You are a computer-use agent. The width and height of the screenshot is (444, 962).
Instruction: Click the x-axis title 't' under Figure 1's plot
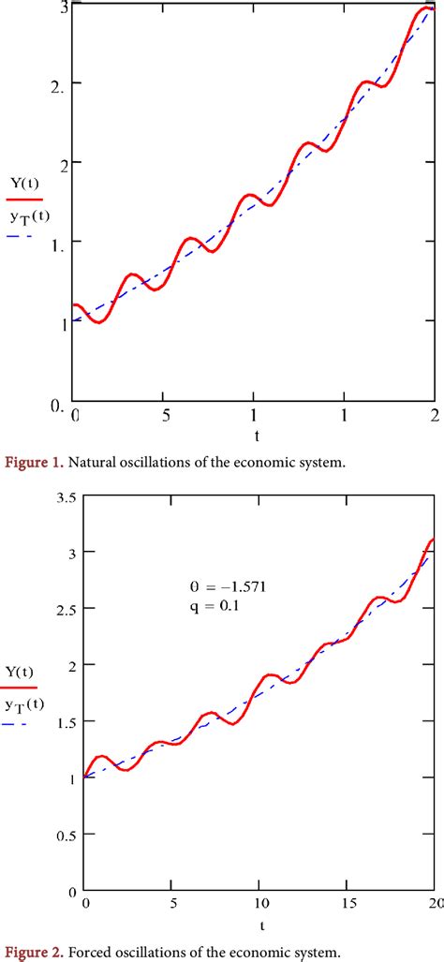(255, 436)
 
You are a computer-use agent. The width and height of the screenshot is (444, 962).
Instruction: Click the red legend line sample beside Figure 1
(25, 199)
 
